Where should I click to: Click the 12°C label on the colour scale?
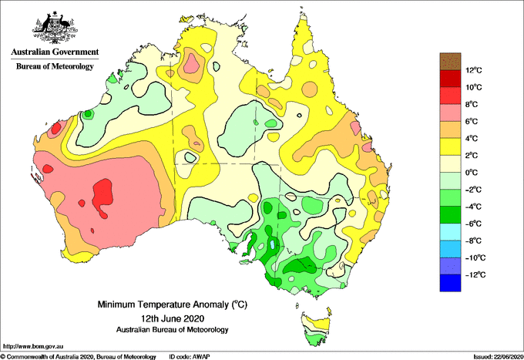[x=474, y=70]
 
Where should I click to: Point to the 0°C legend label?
[x=472, y=173]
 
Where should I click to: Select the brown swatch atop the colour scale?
[x=450, y=62]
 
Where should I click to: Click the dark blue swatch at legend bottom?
[x=450, y=283]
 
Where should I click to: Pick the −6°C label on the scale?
[x=473, y=224]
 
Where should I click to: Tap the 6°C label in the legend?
[x=472, y=121]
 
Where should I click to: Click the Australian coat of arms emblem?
[x=55, y=28]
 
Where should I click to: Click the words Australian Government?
[x=55, y=52]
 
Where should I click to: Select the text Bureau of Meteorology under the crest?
[x=55, y=66]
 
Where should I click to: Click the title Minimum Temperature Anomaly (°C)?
[x=173, y=304]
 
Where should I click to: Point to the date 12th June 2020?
[x=173, y=318]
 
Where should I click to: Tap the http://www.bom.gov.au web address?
[x=33, y=347]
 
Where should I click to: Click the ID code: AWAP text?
[x=190, y=357]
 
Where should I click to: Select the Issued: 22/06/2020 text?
[x=499, y=357]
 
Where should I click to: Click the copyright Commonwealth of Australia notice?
[x=78, y=357]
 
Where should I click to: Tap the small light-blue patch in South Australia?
[x=273, y=244]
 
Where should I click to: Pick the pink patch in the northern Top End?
[x=192, y=63]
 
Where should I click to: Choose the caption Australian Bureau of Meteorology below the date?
[x=173, y=330]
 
